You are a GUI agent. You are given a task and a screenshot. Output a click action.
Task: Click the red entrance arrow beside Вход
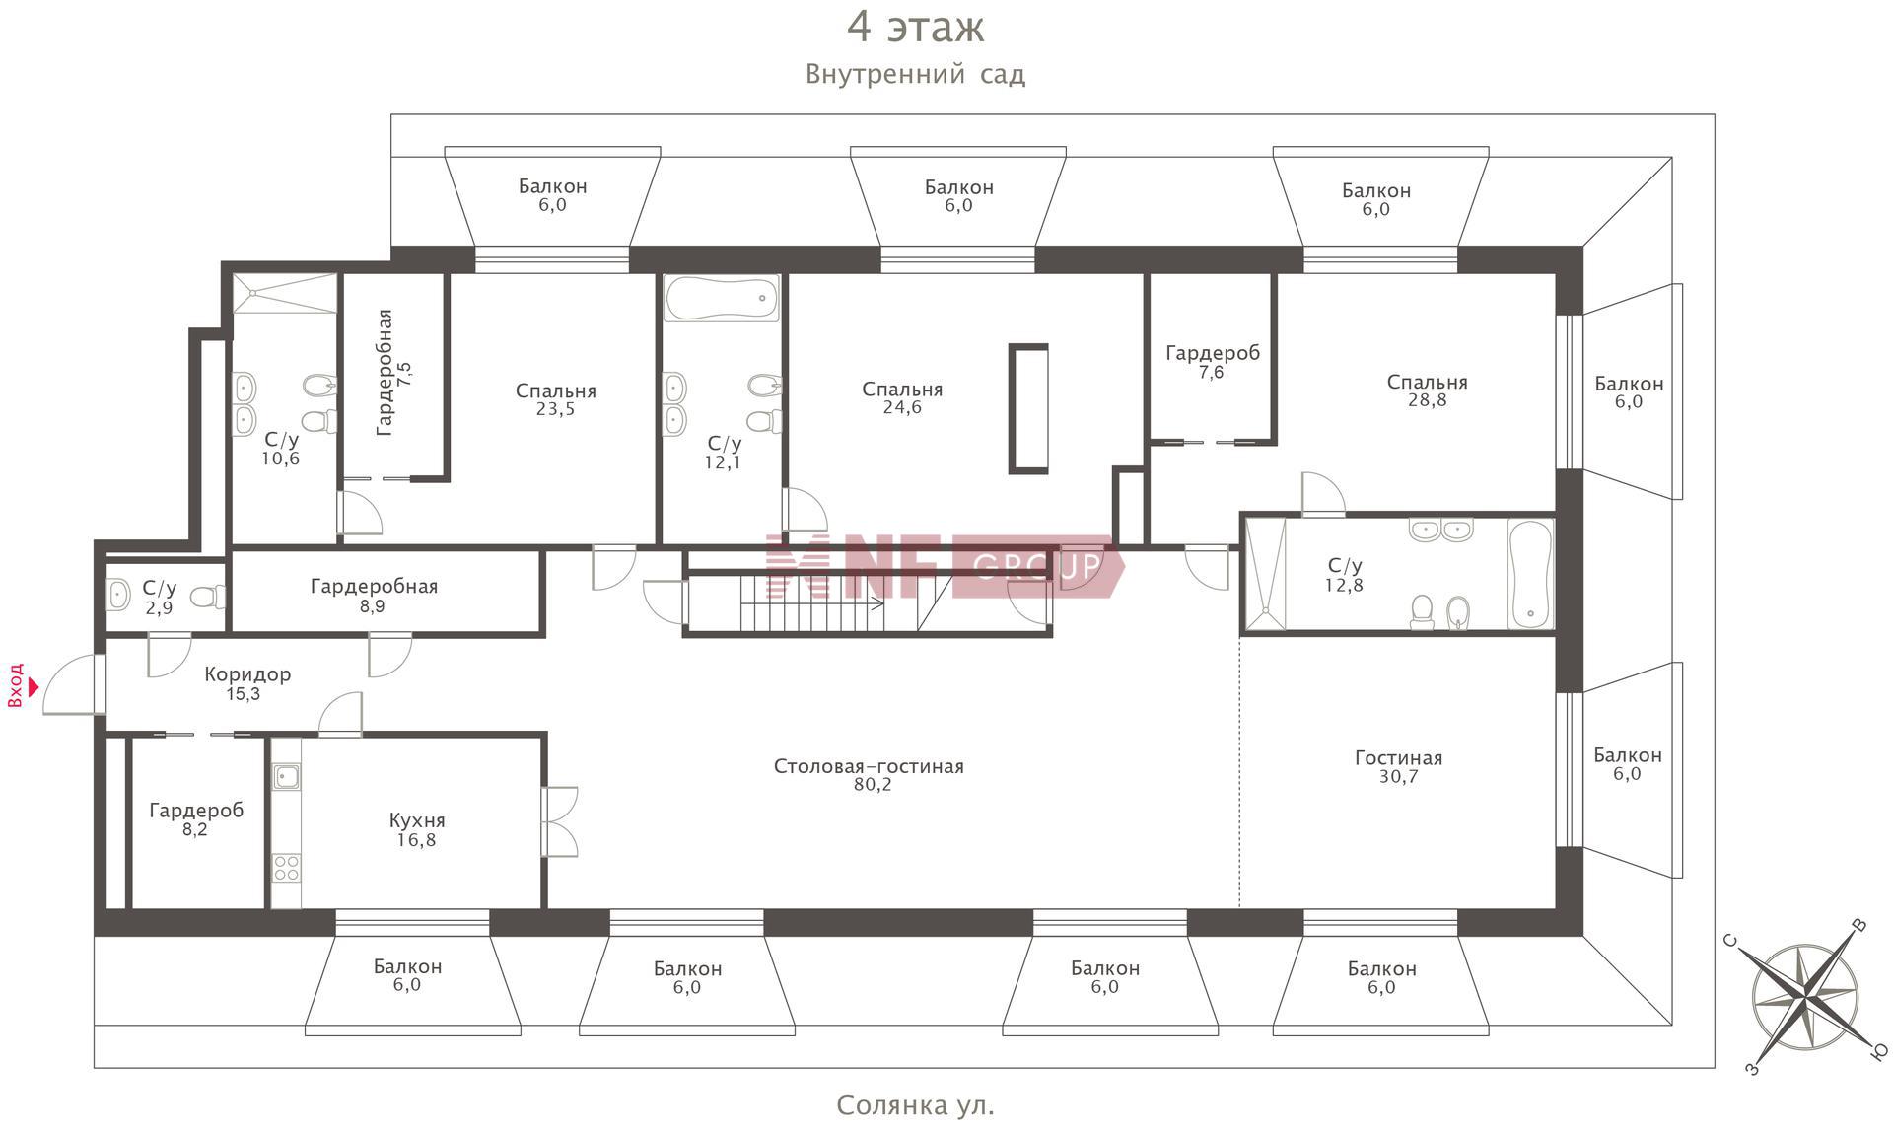click(x=33, y=686)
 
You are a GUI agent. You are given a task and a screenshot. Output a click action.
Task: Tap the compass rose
click(x=1804, y=997)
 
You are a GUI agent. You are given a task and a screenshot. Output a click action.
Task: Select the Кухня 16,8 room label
click(x=416, y=829)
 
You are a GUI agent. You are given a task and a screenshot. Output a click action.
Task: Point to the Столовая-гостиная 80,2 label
click(x=869, y=775)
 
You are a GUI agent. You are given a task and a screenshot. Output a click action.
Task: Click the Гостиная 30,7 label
click(x=1398, y=767)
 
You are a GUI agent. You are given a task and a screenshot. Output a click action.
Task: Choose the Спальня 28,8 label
click(x=1427, y=390)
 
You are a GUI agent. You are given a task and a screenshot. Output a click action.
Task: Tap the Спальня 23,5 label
click(x=555, y=399)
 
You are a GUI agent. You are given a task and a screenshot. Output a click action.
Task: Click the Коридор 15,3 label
click(x=246, y=683)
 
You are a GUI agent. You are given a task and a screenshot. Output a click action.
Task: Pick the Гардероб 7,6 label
click(x=1212, y=362)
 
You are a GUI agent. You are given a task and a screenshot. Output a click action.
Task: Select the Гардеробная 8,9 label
click(x=374, y=596)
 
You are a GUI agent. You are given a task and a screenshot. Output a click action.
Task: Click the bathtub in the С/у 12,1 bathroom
click(x=722, y=298)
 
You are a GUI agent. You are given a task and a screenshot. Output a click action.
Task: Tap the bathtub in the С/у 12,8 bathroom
click(x=1530, y=575)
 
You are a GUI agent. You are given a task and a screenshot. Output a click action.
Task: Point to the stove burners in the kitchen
click(x=286, y=868)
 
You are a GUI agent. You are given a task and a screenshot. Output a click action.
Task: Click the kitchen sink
click(x=286, y=777)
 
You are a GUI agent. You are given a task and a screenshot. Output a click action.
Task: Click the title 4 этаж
click(x=916, y=27)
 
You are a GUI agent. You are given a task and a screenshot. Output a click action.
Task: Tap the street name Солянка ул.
click(x=915, y=1105)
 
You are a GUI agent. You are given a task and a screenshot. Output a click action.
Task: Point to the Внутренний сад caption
click(x=915, y=74)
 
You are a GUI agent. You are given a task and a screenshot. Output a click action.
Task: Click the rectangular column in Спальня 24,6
click(x=1028, y=409)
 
